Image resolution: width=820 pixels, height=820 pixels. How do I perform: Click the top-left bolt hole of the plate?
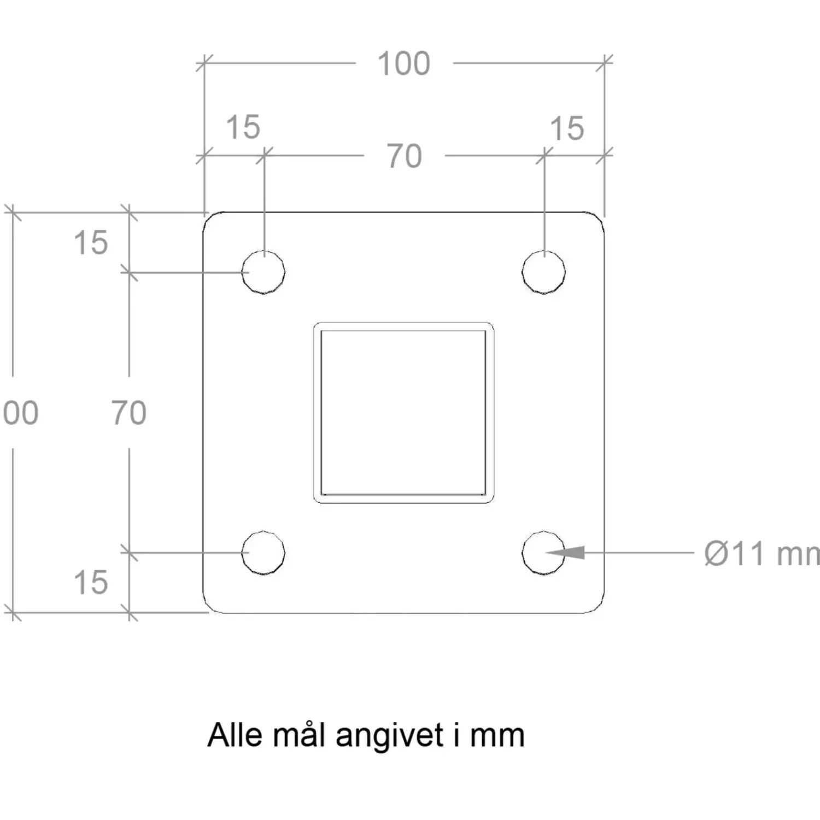click(263, 272)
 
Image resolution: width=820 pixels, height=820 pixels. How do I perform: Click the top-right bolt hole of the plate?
click(543, 272)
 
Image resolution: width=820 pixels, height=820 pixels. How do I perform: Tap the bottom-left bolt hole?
click(263, 552)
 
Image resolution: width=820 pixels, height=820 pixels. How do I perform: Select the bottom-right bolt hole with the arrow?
click(543, 552)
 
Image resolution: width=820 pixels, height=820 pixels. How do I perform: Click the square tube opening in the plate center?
click(403, 412)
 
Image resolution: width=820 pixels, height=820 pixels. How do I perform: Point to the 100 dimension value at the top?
click(404, 63)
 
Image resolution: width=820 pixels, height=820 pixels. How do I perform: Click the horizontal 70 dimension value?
click(405, 156)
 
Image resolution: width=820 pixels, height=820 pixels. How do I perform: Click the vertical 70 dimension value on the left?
click(129, 413)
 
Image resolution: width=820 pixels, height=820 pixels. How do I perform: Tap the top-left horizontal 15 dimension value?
click(243, 127)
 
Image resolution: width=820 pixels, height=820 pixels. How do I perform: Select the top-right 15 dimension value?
click(567, 128)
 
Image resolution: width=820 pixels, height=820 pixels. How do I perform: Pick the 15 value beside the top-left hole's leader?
click(91, 243)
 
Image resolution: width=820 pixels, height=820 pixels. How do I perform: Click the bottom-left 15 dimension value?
click(91, 582)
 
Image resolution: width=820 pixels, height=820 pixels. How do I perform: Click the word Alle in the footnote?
click(235, 735)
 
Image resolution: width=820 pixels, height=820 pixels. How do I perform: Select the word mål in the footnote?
click(300, 735)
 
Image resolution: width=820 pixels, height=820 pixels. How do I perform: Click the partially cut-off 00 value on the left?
click(20, 413)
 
